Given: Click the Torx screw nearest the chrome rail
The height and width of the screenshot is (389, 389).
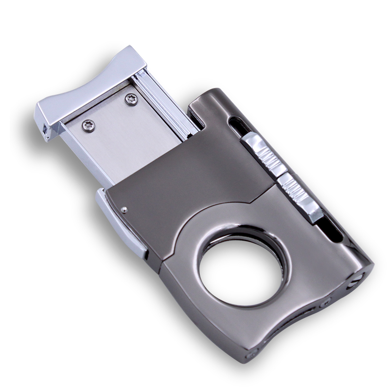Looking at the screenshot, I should point(130,100).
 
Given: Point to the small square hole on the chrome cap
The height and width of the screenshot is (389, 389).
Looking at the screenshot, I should point(46,131).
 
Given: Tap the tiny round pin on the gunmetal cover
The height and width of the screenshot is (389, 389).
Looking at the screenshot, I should point(125,210).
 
